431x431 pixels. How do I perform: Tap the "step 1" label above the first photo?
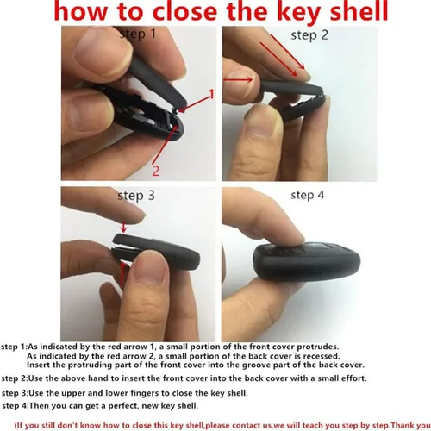click(138, 34)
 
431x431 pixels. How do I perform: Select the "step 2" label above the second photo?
click(309, 35)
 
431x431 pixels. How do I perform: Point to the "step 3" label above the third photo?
click(136, 196)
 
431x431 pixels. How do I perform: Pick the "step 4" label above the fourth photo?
click(307, 195)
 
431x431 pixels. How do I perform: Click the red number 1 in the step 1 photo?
click(211, 94)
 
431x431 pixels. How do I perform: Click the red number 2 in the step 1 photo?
click(155, 171)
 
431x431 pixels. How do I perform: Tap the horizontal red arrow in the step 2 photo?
click(238, 80)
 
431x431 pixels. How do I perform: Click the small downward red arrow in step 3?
click(123, 227)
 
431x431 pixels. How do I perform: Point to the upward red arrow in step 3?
click(122, 274)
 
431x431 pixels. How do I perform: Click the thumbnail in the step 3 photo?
click(149, 271)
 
